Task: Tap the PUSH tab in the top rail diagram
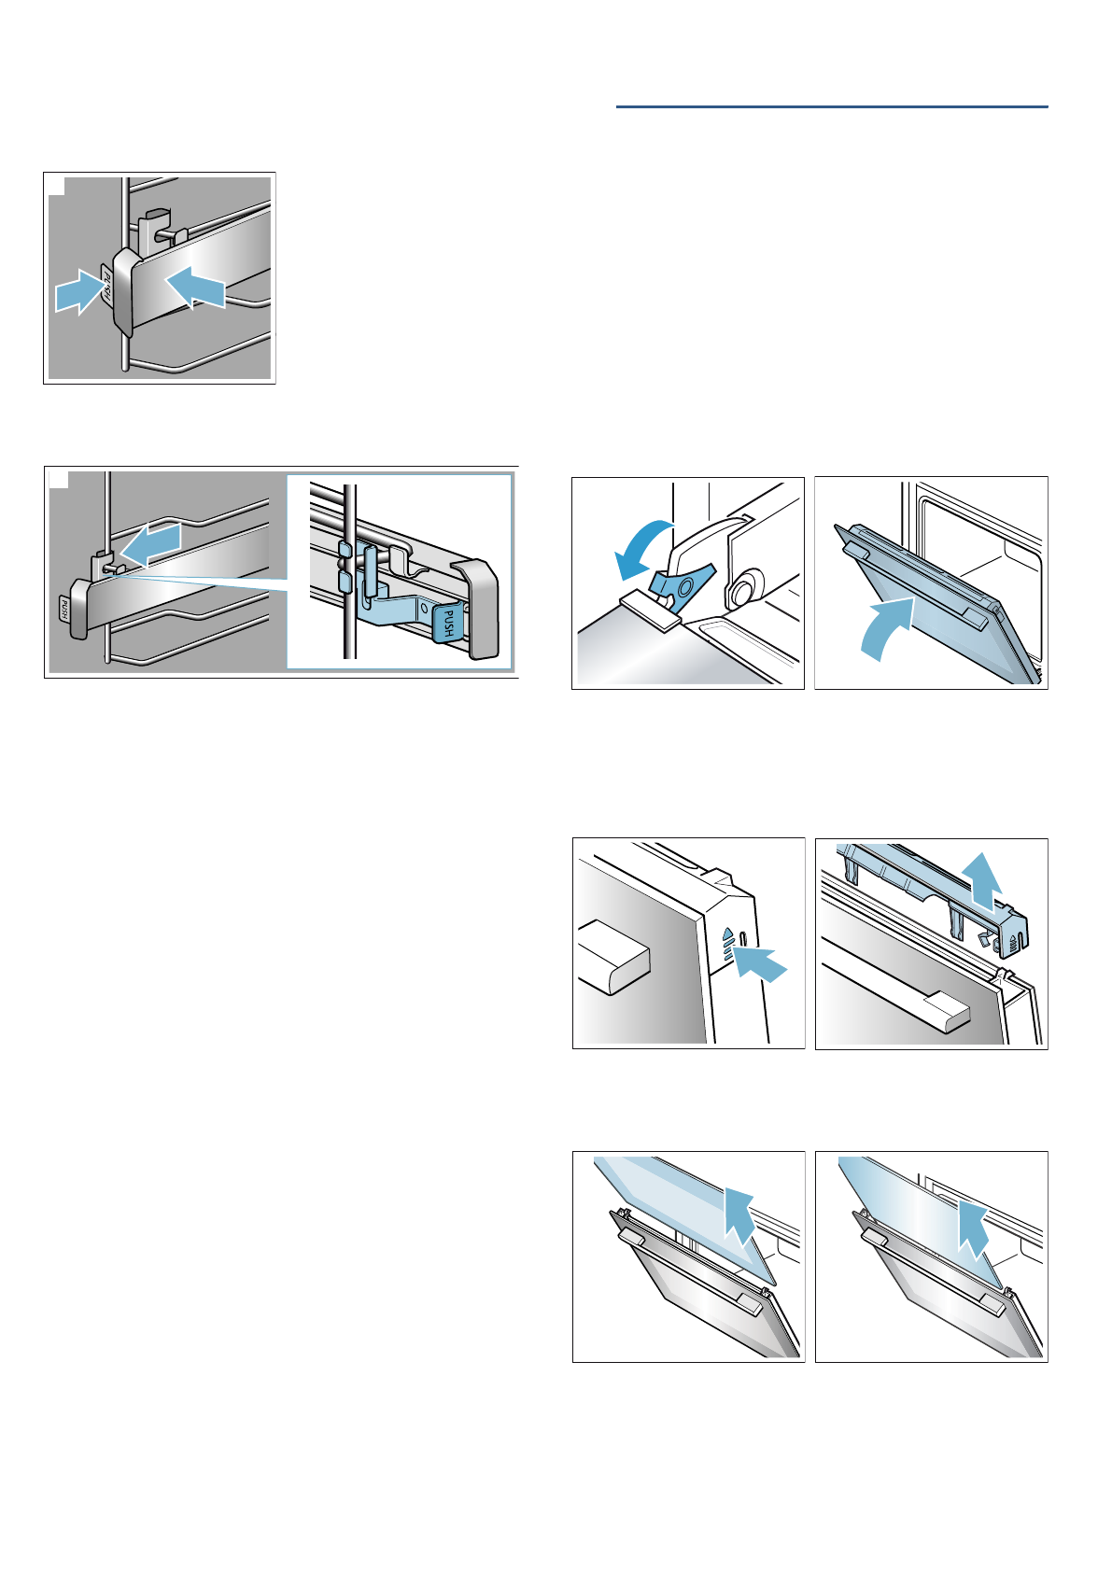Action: point(106,288)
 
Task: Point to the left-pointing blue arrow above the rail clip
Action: point(150,545)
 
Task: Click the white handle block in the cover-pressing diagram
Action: point(612,956)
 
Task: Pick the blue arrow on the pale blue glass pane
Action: point(741,1215)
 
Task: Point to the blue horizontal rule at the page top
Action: point(832,107)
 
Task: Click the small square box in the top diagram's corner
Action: point(57,186)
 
